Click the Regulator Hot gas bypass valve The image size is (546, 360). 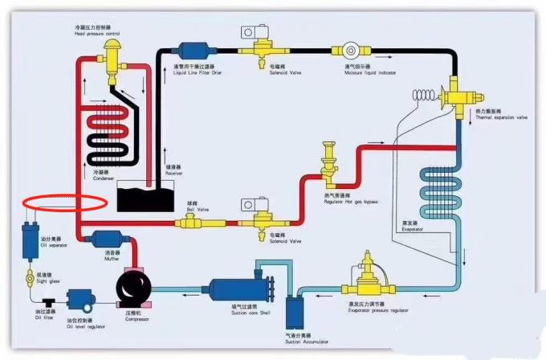328,167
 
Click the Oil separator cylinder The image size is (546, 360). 31,240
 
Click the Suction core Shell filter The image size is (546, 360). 240,286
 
